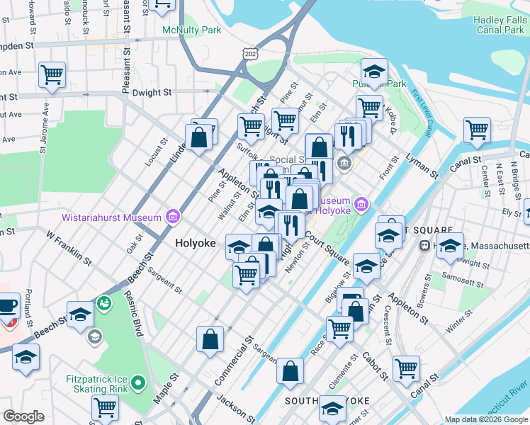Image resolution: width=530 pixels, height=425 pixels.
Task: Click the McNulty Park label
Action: [x=191, y=30]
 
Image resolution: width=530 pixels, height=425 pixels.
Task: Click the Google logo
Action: [x=23, y=416]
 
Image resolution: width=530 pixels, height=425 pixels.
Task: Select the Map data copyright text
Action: [x=485, y=419]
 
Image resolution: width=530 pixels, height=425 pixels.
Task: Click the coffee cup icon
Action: [x=7, y=307]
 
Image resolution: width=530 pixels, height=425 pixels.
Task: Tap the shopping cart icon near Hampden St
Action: [x=52, y=74]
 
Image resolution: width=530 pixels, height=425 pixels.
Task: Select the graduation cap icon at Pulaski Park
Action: [x=373, y=71]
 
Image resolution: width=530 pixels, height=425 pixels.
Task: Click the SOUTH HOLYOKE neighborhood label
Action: [x=327, y=401]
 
